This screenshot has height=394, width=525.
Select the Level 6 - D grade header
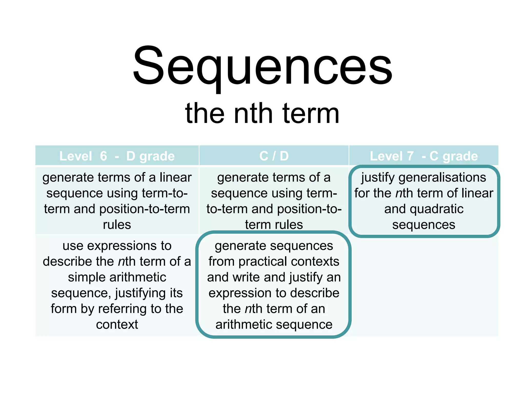[117, 156]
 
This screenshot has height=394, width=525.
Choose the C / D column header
[274, 156]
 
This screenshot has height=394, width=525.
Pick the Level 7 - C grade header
[423, 156]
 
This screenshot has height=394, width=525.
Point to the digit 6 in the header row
[103, 156]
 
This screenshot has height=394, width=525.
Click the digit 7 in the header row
[410, 156]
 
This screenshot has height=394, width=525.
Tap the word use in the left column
[73, 246]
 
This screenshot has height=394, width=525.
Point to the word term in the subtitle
[311, 113]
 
